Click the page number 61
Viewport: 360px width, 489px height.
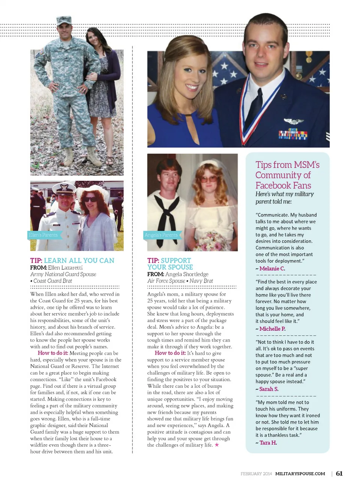click(x=339, y=473)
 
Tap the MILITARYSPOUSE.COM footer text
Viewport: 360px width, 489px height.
click(x=300, y=474)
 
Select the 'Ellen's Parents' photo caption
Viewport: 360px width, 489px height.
click(x=43, y=235)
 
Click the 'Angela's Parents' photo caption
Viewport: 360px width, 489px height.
click(x=161, y=235)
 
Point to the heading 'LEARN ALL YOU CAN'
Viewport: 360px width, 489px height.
click(x=79, y=260)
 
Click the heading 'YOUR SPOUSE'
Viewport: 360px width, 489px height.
click(x=170, y=267)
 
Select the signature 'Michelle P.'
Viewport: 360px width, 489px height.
click(x=272, y=329)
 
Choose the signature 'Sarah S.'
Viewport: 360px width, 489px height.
click(x=268, y=389)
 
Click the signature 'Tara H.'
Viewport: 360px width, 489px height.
click(x=268, y=443)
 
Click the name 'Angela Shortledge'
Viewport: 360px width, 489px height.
click(x=187, y=274)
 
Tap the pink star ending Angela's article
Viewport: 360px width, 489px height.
click(x=217, y=445)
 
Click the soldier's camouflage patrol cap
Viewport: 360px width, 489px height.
click(x=64, y=21)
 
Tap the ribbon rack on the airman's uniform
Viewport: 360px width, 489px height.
click(x=293, y=134)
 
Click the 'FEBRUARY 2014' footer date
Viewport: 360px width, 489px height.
click(x=256, y=474)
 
